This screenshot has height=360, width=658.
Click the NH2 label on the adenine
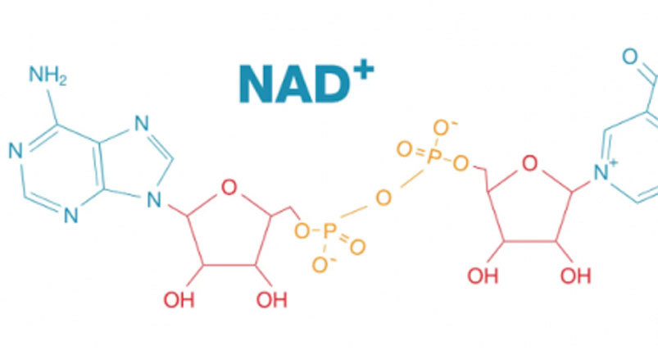click(x=48, y=75)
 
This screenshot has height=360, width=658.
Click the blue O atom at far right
click(x=630, y=57)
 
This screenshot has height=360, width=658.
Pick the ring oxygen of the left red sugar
click(x=229, y=187)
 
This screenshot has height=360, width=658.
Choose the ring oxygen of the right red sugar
click(x=529, y=163)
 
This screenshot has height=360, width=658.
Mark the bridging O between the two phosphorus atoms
click(x=383, y=198)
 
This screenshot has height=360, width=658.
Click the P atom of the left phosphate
click(x=330, y=231)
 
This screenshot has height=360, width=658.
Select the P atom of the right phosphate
click(x=435, y=157)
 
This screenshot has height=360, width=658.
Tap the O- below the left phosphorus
click(x=322, y=265)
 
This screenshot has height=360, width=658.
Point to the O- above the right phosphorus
click(x=443, y=128)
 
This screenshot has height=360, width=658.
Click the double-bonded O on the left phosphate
click(x=357, y=247)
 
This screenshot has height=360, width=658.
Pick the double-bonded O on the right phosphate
click(x=405, y=149)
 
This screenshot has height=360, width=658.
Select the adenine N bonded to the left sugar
click(x=154, y=200)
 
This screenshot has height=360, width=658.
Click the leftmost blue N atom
click(x=16, y=150)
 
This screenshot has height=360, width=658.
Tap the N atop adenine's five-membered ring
click(x=142, y=123)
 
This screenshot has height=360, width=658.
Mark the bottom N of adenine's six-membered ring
click(x=70, y=216)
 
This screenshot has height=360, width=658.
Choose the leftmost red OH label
click(x=179, y=300)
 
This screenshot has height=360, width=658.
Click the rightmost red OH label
click(x=576, y=276)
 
